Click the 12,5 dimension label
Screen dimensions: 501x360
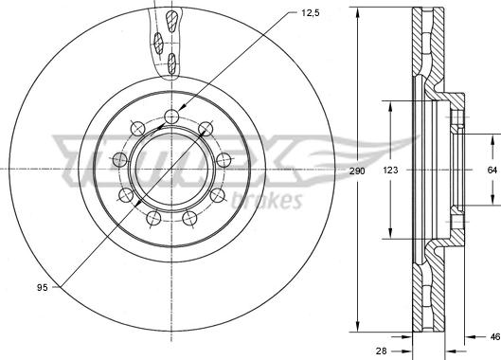[x=311, y=13]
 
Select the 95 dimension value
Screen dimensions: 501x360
[x=43, y=287]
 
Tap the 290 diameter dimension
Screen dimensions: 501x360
[x=357, y=171]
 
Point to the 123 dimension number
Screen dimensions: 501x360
[x=390, y=171]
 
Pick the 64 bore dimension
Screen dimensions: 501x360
[x=492, y=171]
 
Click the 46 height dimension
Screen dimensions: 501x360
[x=495, y=336]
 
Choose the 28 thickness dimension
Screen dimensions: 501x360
[x=381, y=351]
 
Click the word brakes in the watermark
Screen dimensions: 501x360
[x=266, y=201]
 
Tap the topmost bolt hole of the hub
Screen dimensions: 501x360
[x=171, y=117]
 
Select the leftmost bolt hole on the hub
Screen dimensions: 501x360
[x=120, y=159]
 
